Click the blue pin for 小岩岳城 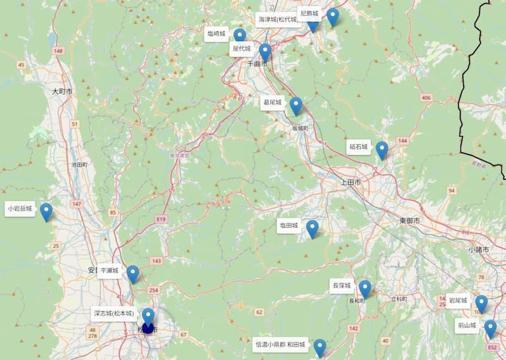pyautogui.click(x=46, y=211)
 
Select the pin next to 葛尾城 pyautogui.click(x=295, y=106)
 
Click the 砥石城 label pyautogui.click(x=358, y=147)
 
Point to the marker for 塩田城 pyautogui.click(x=312, y=228)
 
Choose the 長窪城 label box pyautogui.click(x=341, y=286)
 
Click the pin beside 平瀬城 pyautogui.click(x=132, y=273)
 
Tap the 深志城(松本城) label pyautogui.click(x=114, y=313)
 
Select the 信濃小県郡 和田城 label pyautogui.click(x=280, y=345)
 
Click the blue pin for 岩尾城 pyautogui.click(x=481, y=304)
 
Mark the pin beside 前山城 pyautogui.click(x=490, y=329)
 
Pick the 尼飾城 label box pyautogui.click(x=309, y=13)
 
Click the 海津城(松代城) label pyautogui.click(x=278, y=20)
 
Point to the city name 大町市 pyautogui.click(x=62, y=92)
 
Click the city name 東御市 pyautogui.click(x=409, y=220)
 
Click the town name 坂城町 pyautogui.click(x=299, y=128)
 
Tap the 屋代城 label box pyautogui.click(x=242, y=48)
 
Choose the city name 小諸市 pyautogui.click(x=479, y=250)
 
